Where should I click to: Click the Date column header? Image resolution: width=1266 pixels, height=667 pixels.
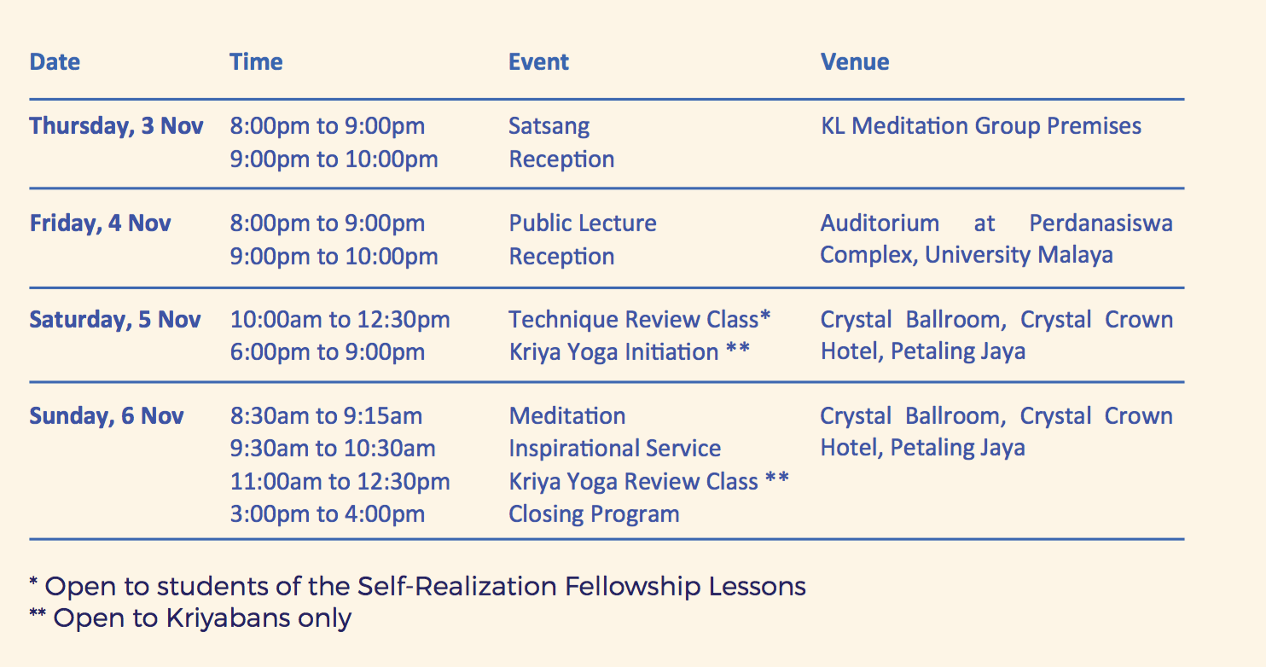tap(55, 61)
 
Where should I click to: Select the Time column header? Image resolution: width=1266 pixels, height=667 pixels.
tap(256, 61)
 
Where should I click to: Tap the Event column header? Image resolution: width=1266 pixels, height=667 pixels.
tap(538, 61)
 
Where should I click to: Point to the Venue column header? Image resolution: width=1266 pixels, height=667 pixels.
tap(855, 61)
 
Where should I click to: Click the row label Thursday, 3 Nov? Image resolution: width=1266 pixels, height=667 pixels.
tap(116, 126)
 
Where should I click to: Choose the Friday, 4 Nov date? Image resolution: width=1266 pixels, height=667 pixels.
tap(100, 223)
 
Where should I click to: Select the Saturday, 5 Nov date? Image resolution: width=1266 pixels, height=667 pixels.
tap(115, 320)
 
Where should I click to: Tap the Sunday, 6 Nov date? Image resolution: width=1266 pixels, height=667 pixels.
tap(107, 416)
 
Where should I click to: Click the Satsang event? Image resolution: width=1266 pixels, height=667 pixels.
tap(549, 126)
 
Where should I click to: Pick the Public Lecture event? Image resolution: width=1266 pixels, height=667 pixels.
tap(583, 223)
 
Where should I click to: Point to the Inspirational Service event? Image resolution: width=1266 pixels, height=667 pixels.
tap(615, 449)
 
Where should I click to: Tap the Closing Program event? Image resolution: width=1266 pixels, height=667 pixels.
tap(594, 514)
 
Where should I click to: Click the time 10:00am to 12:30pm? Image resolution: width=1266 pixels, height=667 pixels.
tap(340, 320)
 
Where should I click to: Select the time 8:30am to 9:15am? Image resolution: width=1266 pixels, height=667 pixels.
tap(326, 416)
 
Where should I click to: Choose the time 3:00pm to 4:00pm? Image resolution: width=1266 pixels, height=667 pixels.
tap(328, 514)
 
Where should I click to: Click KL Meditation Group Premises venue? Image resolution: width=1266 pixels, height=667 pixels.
tap(981, 126)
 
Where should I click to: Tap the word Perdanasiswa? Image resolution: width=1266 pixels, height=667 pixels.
tap(1101, 223)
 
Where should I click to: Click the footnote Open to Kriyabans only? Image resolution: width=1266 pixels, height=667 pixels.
tap(190, 618)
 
